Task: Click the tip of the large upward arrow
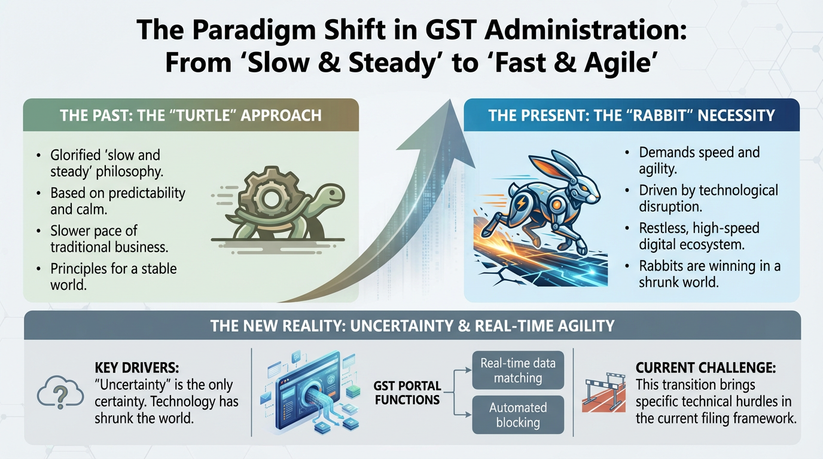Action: pyautogui.click(x=450, y=99)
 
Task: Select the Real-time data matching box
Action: pyautogui.click(x=518, y=370)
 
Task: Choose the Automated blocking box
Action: pyautogui.click(x=518, y=415)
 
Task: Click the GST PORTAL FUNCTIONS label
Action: pyautogui.click(x=407, y=393)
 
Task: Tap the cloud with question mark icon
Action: pyautogui.click(x=60, y=391)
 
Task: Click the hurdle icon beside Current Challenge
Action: pyautogui.click(x=603, y=393)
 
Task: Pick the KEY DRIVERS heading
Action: pyautogui.click(x=137, y=368)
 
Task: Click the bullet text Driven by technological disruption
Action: pyautogui.click(x=708, y=198)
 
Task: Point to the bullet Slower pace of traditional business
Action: pyautogui.click(x=109, y=238)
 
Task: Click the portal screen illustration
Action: pyautogui.click(x=309, y=393)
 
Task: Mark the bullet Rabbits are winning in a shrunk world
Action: pyautogui.click(x=709, y=274)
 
